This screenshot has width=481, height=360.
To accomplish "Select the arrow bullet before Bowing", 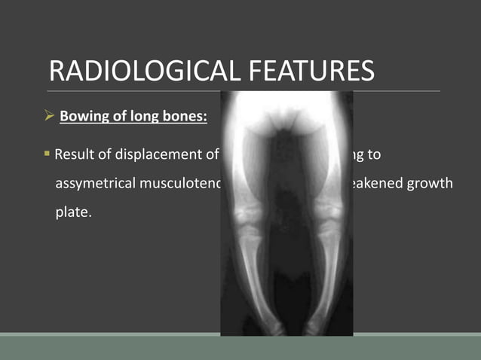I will point(50,117).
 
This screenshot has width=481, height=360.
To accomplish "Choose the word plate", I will point(72,212).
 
